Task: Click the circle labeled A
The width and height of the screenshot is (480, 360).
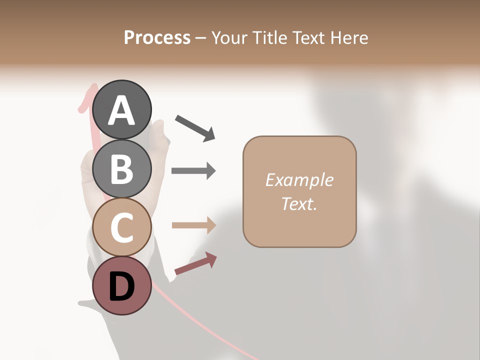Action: (122, 109)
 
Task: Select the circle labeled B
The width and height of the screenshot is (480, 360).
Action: (122, 168)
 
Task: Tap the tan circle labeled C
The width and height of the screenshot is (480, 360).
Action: (122, 227)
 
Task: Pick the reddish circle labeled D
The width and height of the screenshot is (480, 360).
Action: (122, 286)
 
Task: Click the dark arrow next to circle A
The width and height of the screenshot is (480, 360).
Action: (195, 127)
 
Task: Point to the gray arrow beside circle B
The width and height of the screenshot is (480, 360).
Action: (193, 170)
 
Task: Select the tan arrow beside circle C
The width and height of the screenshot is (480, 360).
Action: (194, 225)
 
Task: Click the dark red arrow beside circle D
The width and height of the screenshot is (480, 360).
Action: (195, 263)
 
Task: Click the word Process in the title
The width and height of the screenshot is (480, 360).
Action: (157, 37)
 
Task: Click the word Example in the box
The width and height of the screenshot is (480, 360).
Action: (299, 180)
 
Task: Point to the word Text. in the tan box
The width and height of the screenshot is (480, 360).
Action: (299, 203)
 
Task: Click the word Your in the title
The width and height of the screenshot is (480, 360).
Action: (228, 37)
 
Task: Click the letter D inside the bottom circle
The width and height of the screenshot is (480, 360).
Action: (122, 287)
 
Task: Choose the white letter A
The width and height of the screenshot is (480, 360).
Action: (122, 110)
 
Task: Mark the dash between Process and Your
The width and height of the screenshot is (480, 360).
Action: (201, 38)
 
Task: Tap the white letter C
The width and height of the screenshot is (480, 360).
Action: (122, 228)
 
